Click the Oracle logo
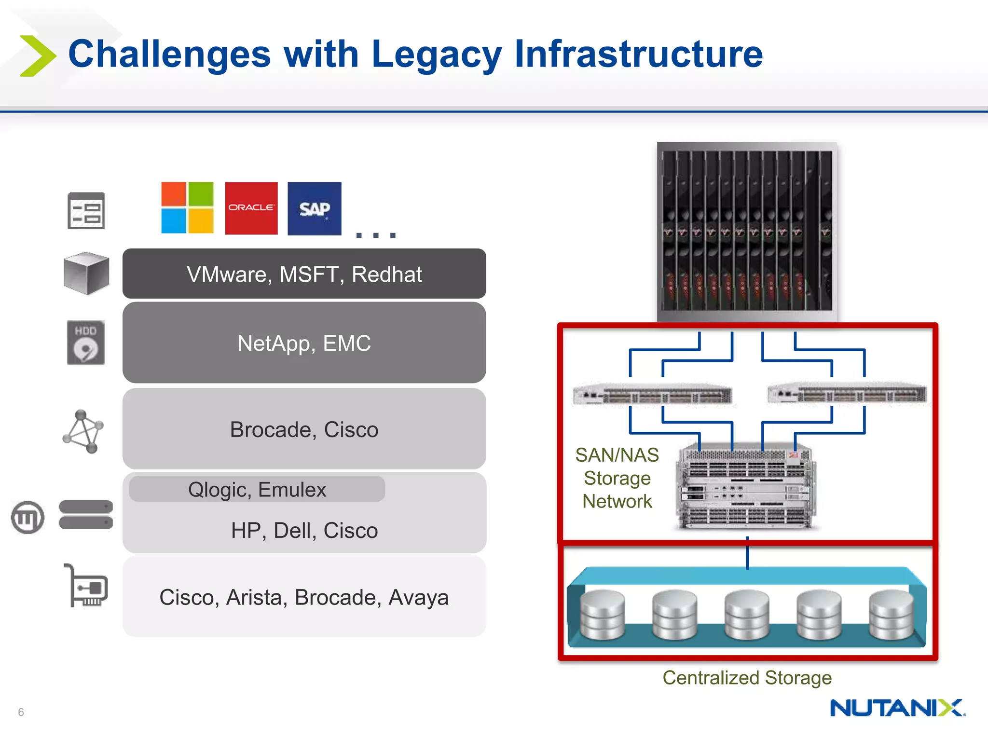(x=251, y=208)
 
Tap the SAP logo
(x=314, y=208)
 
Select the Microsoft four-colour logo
(x=187, y=207)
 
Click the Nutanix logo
(x=897, y=708)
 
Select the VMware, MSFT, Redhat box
(x=304, y=274)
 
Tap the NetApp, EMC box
(x=304, y=343)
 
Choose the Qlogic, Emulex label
(x=257, y=489)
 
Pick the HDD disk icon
(x=86, y=342)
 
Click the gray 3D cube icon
(x=86, y=273)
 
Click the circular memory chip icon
(x=28, y=517)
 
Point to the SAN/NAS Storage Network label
(x=617, y=478)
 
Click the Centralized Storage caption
(x=747, y=677)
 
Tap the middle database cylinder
(x=747, y=615)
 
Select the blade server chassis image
(x=747, y=231)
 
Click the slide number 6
(x=21, y=712)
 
